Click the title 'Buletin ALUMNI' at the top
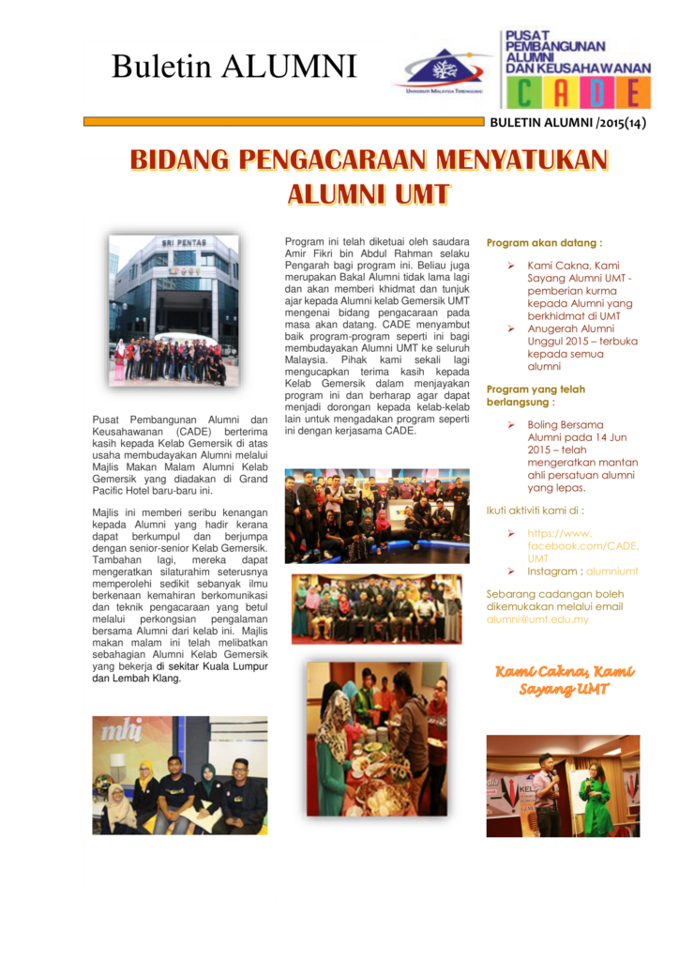click(x=234, y=67)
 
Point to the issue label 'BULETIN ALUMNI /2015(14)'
click(x=567, y=123)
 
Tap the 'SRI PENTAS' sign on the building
click(x=178, y=243)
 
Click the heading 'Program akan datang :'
click(x=544, y=242)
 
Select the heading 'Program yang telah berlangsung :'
click(x=536, y=395)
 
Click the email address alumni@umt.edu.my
click(x=537, y=619)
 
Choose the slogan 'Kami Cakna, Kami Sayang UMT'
click(x=564, y=680)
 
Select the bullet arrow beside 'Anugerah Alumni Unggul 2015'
click(x=512, y=328)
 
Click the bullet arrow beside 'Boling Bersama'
click(x=512, y=425)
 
